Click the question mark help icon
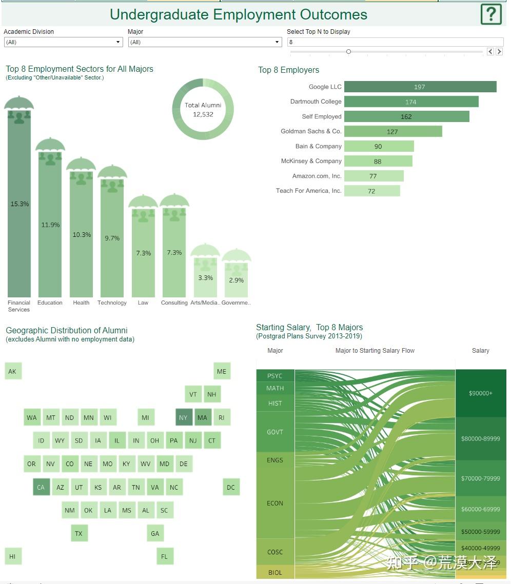click(490, 14)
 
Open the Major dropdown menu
click(205, 42)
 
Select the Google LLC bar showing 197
click(420, 87)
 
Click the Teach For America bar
click(371, 191)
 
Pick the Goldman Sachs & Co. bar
click(392, 131)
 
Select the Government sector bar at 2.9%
click(237, 282)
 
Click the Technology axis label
click(112, 303)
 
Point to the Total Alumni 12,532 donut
click(203, 110)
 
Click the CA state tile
click(41, 487)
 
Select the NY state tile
click(183, 417)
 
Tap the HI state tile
click(12, 556)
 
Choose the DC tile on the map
click(231, 487)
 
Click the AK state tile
click(12, 371)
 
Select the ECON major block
click(275, 503)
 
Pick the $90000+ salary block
click(480, 393)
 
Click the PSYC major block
click(275, 376)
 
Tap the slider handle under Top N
click(348, 51)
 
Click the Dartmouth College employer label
click(316, 102)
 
